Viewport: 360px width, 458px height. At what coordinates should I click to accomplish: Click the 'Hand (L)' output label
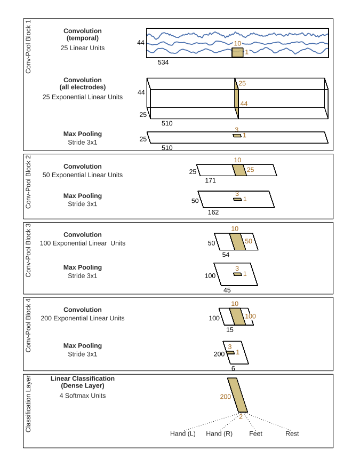pyautogui.click(x=182, y=433)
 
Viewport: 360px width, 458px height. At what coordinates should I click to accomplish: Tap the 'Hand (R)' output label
pyautogui.click(x=219, y=433)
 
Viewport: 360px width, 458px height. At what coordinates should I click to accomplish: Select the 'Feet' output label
pyautogui.click(x=255, y=433)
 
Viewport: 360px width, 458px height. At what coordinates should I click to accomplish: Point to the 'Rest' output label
pyautogui.click(x=292, y=433)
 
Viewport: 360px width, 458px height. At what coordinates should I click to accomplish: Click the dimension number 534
pyautogui.click(x=163, y=62)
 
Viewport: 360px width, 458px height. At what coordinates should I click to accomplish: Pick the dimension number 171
pyautogui.click(x=210, y=180)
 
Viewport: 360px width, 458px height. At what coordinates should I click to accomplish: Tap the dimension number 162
pyautogui.click(x=213, y=212)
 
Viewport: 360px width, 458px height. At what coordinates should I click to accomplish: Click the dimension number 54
pyautogui.click(x=226, y=255)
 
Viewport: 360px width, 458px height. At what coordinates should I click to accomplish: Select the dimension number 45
pyautogui.click(x=227, y=290)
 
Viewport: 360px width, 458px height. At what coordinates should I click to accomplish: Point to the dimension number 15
pyautogui.click(x=230, y=330)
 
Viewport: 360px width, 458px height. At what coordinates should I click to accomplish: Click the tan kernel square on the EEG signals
pyautogui.click(x=237, y=52)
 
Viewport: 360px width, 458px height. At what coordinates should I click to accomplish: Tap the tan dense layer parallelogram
pyautogui.click(x=237, y=395)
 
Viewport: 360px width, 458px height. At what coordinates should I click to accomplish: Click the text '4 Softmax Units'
pyautogui.click(x=83, y=396)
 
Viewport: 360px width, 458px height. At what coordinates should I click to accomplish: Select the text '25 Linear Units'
pyautogui.click(x=83, y=48)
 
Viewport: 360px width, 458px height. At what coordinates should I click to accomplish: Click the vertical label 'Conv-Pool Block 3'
pyautogui.click(x=28, y=250)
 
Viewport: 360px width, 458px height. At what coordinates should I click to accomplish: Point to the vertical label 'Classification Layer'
pyautogui.click(x=28, y=404)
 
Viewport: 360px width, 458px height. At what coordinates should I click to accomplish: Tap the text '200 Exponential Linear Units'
pyautogui.click(x=83, y=318)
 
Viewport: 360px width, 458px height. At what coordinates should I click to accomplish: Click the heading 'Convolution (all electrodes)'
pyautogui.click(x=83, y=83)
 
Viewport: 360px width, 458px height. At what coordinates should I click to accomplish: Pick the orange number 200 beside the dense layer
pyautogui.click(x=226, y=397)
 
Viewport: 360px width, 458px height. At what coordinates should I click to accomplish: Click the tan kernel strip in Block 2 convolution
pyautogui.click(x=239, y=170)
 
